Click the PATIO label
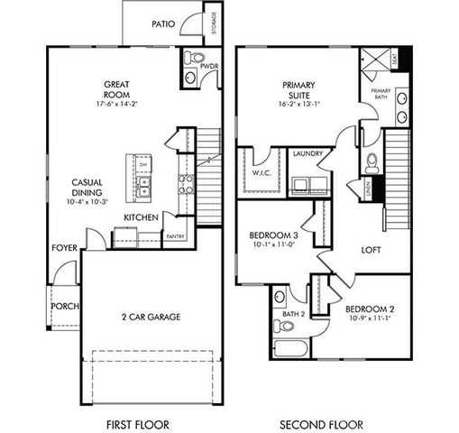pos(164,25)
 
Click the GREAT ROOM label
pos(120,90)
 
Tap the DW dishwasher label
pos(142,166)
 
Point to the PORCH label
pos(64,306)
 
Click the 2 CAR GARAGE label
pos(151,317)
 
